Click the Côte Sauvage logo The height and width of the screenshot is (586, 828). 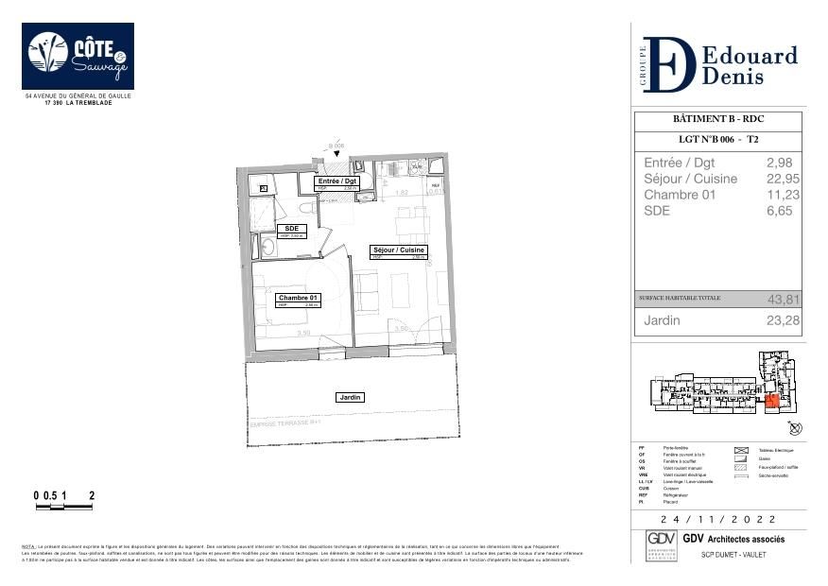pos(78,56)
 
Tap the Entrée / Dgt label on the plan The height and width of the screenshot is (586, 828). pos(337,182)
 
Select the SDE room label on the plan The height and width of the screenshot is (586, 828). pos(292,230)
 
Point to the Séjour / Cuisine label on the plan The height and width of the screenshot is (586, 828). pos(399,251)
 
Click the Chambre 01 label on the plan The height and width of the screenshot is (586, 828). pos(298,299)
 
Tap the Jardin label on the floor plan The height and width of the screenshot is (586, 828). pos(351,398)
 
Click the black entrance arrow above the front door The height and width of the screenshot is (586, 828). pos(336,153)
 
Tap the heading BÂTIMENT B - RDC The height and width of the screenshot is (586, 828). pos(717,119)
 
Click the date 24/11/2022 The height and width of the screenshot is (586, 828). pos(718,520)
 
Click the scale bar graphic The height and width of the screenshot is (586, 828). pos(63,508)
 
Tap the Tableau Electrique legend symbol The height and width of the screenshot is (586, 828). pos(740,451)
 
